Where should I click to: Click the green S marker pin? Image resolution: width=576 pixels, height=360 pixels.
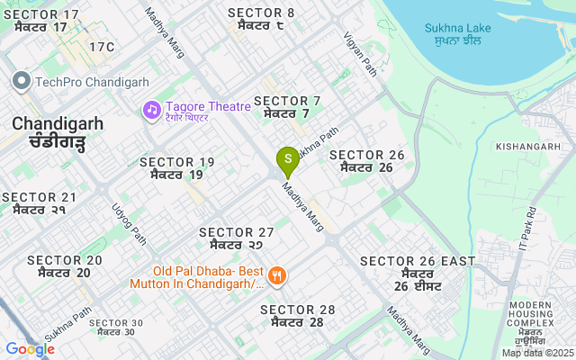point(287,162)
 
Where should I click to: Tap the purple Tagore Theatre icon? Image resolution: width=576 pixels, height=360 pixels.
point(151,110)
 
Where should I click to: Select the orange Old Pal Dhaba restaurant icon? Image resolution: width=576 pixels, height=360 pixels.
point(277,275)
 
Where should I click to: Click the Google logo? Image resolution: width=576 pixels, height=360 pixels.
point(30,349)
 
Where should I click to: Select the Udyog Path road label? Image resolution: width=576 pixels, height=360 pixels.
point(129,222)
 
